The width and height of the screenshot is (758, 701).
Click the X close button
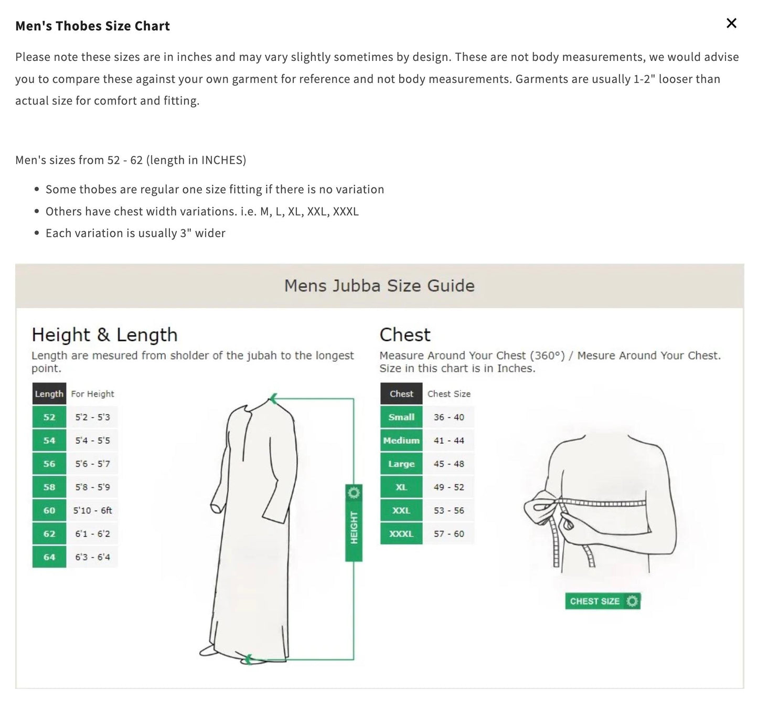click(x=731, y=23)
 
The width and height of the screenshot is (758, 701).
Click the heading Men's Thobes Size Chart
click(x=92, y=26)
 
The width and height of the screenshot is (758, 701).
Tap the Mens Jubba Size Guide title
click(x=379, y=286)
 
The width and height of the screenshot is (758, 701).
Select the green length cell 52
click(x=49, y=417)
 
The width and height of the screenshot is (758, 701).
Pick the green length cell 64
click(x=49, y=557)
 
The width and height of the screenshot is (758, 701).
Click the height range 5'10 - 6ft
click(x=92, y=510)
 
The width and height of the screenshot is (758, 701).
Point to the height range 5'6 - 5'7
click(x=92, y=464)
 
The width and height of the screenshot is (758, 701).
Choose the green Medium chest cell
click(x=401, y=441)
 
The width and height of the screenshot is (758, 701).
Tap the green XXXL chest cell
click(x=401, y=534)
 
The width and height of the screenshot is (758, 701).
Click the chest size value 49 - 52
click(x=449, y=487)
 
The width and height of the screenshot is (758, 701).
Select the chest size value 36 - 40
click(x=449, y=417)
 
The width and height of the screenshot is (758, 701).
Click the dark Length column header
click(x=49, y=394)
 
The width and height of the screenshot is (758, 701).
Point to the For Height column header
click(x=92, y=394)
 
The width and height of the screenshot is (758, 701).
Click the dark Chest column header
click(x=401, y=394)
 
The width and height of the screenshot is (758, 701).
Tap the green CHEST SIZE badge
click(x=603, y=601)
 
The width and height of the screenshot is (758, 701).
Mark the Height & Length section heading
click(x=104, y=335)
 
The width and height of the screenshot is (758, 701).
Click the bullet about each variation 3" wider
click(x=135, y=233)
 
